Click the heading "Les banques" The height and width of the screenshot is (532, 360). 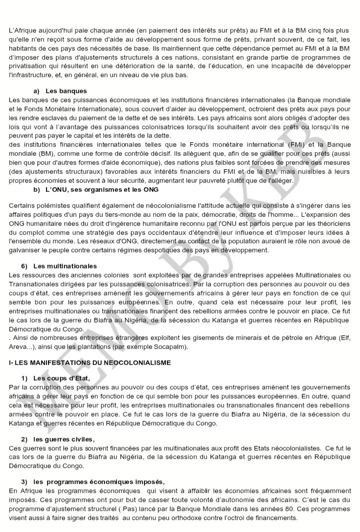click(x=66, y=91)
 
